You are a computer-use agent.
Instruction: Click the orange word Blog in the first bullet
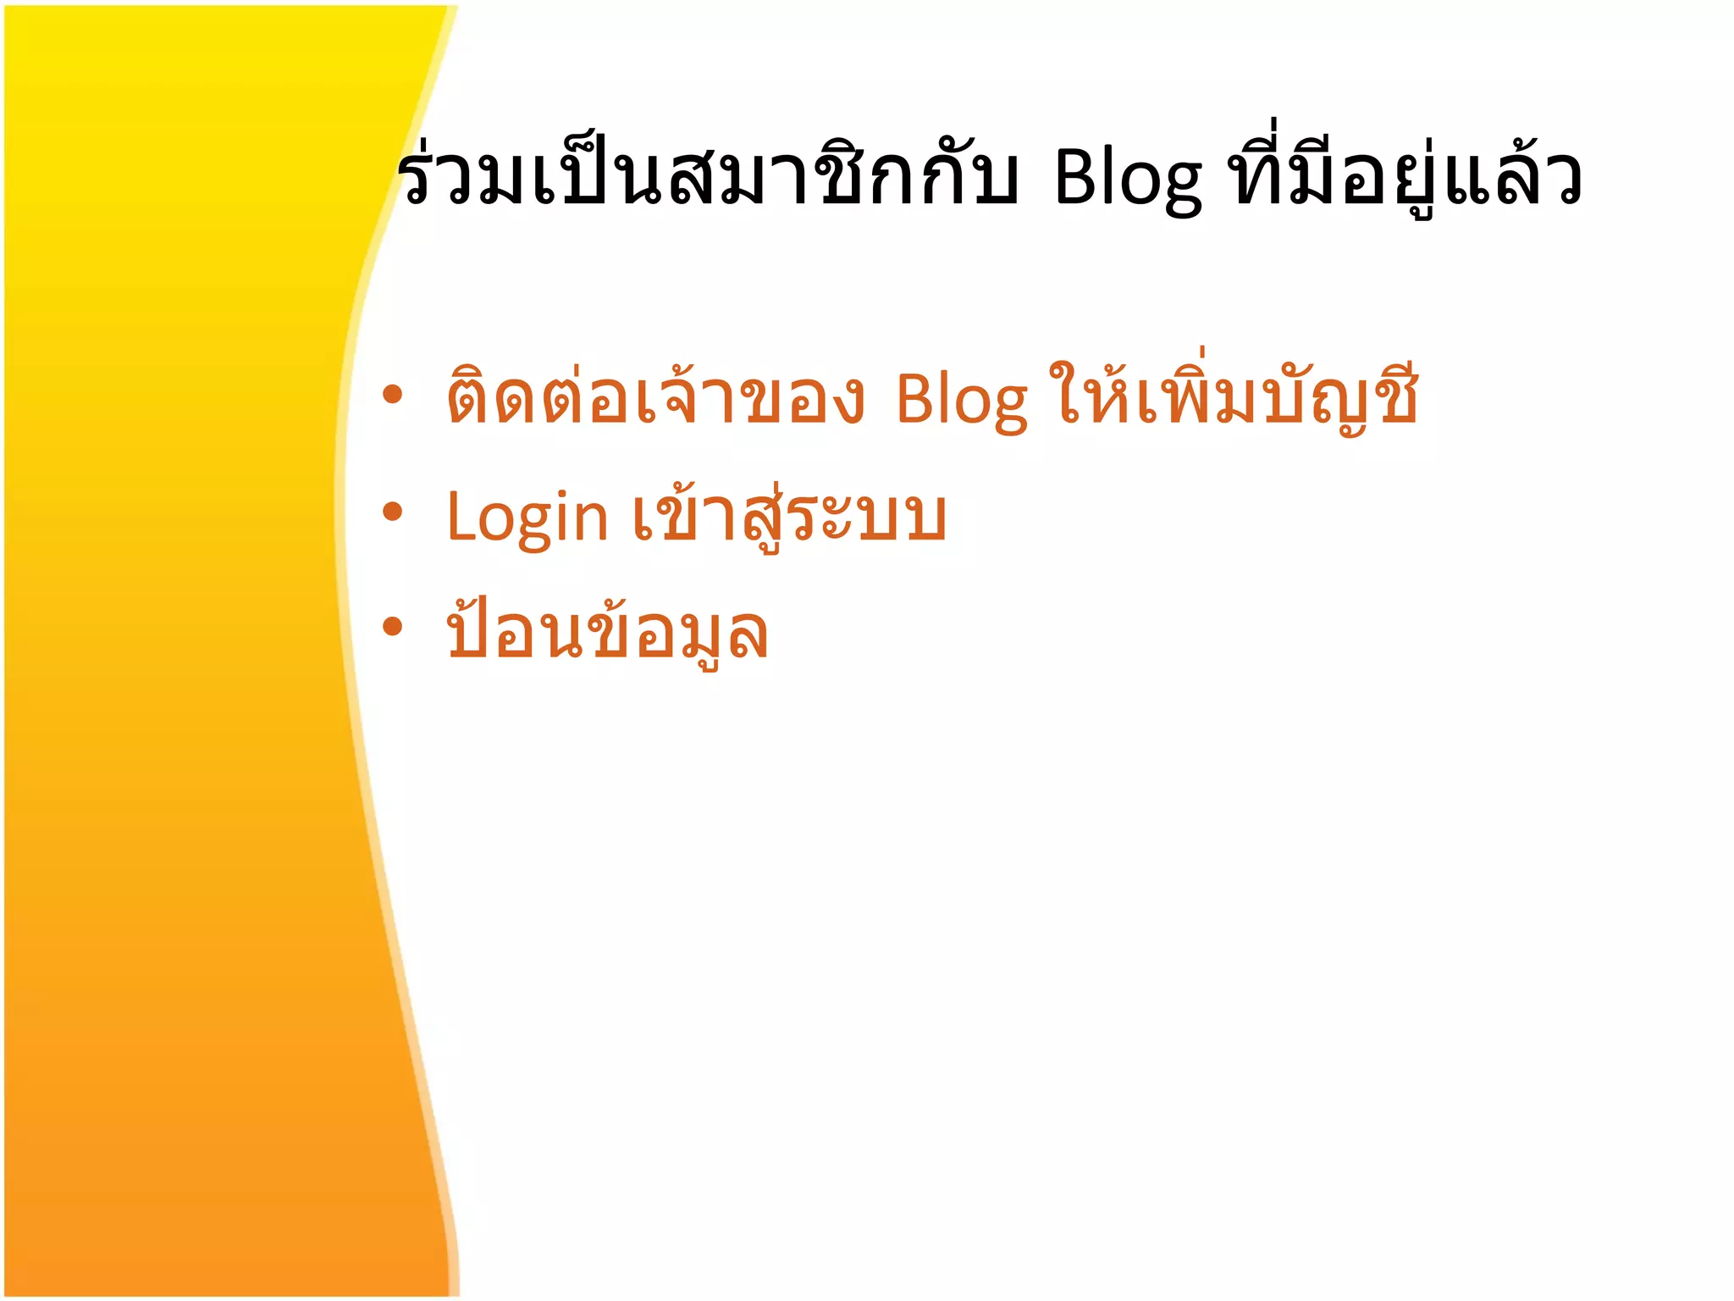(x=961, y=400)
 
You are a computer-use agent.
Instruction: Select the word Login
(x=527, y=517)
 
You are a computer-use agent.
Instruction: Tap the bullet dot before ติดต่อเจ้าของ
(x=391, y=395)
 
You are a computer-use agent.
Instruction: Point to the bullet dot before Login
(x=391, y=512)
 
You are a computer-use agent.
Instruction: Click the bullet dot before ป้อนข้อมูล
(x=391, y=627)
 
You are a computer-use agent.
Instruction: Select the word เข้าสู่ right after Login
(x=707, y=517)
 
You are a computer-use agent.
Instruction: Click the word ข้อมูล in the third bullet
(x=677, y=634)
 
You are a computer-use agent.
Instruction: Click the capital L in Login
(x=461, y=517)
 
